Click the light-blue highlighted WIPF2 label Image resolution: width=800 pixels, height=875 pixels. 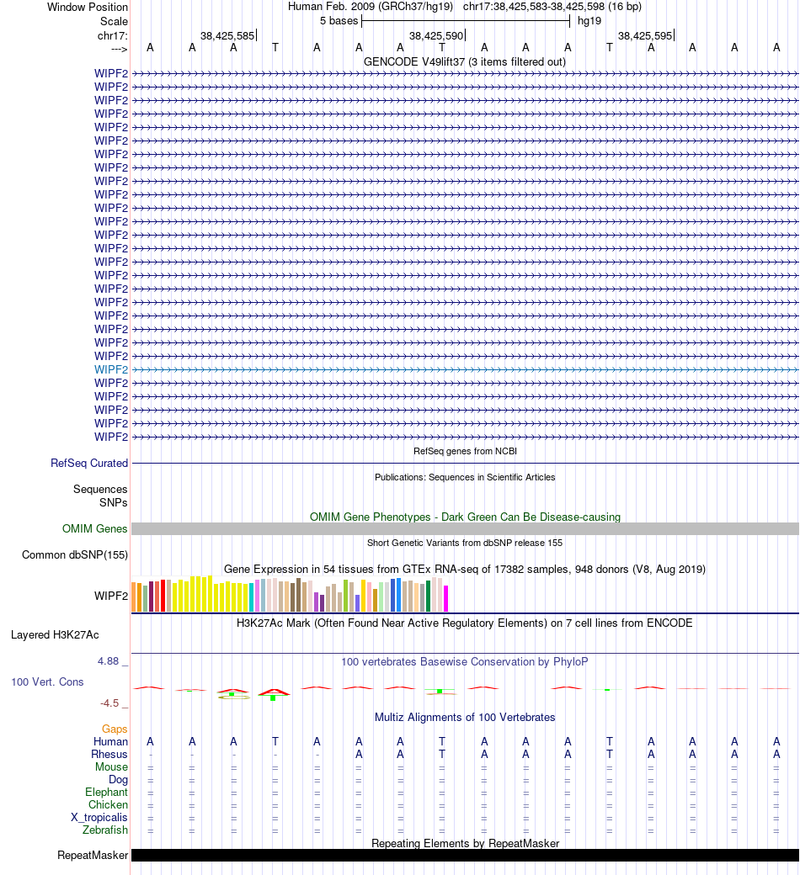(111, 369)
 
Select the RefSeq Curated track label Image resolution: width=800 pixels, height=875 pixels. (89, 463)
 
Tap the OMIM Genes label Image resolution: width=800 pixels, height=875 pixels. (95, 529)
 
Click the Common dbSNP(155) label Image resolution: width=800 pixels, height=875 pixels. (75, 554)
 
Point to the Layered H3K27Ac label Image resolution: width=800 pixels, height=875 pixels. (67, 634)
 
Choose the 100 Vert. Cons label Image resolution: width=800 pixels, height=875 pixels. (47, 681)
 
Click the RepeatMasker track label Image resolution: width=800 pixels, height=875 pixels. (93, 856)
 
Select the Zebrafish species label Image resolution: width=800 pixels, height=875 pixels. (105, 830)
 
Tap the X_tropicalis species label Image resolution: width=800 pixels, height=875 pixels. (99, 818)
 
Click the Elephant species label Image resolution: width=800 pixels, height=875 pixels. (106, 793)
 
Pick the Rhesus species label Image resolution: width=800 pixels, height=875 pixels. (109, 755)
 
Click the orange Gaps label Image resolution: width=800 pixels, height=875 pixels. (115, 729)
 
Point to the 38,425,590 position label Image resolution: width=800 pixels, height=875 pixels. (436, 36)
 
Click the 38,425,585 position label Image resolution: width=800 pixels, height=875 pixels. (227, 36)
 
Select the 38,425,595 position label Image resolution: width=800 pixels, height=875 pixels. (645, 36)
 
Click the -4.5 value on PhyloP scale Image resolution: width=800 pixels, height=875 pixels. (110, 703)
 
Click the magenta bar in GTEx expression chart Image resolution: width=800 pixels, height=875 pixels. (446, 598)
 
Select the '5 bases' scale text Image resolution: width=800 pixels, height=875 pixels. (339, 20)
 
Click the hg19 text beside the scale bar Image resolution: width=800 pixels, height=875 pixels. (589, 20)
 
